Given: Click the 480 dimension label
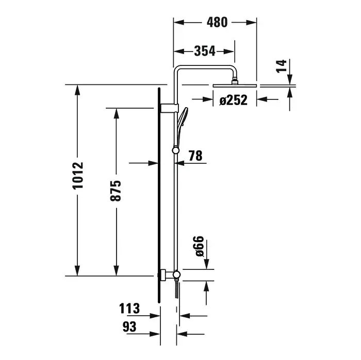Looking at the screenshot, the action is pyautogui.click(x=217, y=22).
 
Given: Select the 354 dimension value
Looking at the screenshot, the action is pyautogui.click(x=205, y=51).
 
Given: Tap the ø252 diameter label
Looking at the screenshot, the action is pyautogui.click(x=233, y=100).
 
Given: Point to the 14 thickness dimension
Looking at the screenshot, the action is pyautogui.click(x=282, y=66).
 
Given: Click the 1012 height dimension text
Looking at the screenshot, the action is pyautogui.click(x=77, y=176).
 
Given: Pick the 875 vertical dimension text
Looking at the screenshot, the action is pyautogui.click(x=116, y=191).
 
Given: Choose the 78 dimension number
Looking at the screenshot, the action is pyautogui.click(x=195, y=156).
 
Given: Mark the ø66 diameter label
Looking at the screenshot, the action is pyautogui.click(x=200, y=246).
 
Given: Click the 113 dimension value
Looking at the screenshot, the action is pyautogui.click(x=129, y=308).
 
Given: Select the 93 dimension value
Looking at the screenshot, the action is pyautogui.click(x=129, y=327).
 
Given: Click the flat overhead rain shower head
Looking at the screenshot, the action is pyautogui.click(x=235, y=85).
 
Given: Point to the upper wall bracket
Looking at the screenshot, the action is pyautogui.click(x=169, y=108).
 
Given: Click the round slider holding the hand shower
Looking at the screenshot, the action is pyautogui.click(x=175, y=150).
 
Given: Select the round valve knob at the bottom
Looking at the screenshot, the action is pyautogui.click(x=176, y=275).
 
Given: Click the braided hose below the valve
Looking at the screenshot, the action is pyautogui.click(x=177, y=290).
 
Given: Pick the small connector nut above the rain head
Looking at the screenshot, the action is pyautogui.click(x=235, y=81).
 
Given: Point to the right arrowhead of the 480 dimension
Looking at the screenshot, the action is pyautogui.click(x=251, y=23).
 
